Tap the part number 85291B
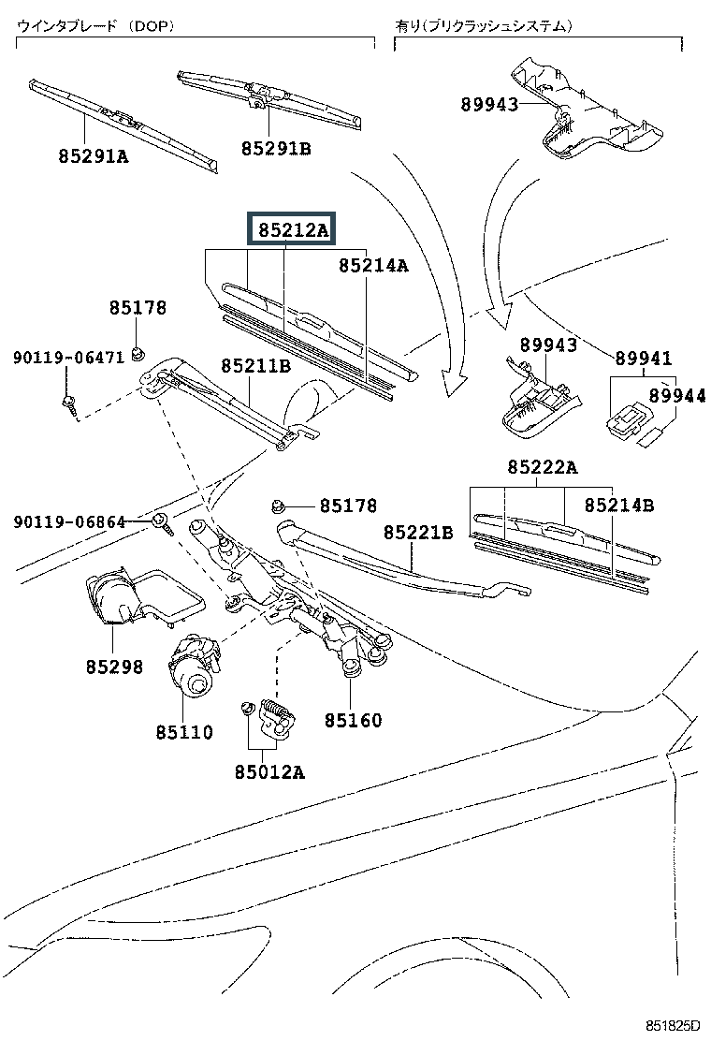click(275, 148)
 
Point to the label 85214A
click(373, 266)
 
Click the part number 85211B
click(255, 366)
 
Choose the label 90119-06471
click(68, 358)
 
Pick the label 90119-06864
click(69, 521)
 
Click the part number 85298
click(114, 667)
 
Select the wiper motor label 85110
click(184, 732)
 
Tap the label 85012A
click(268, 772)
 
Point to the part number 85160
click(354, 721)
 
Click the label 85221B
click(417, 533)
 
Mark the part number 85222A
click(543, 467)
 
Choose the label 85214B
click(618, 506)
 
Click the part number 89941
click(643, 359)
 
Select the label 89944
click(676, 397)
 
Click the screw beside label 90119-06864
click(162, 522)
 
